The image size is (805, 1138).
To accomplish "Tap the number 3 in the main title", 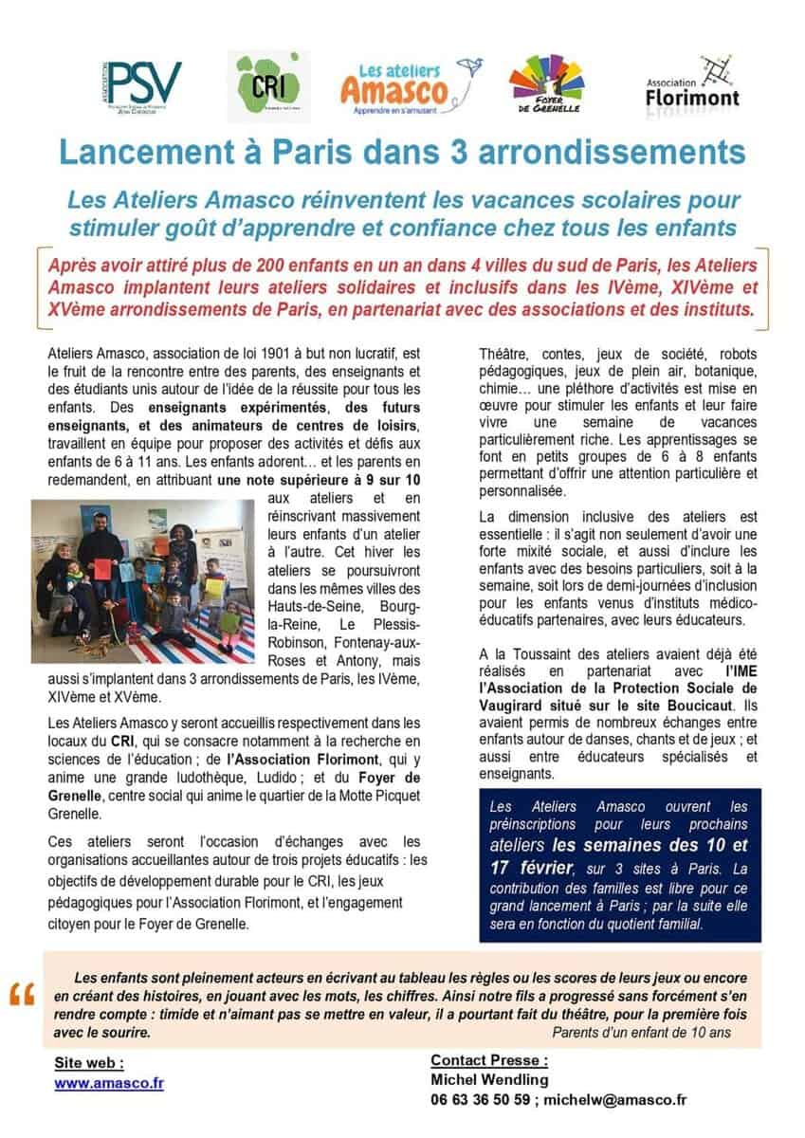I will (x=485, y=152).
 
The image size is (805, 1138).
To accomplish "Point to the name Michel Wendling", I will (x=489, y=1079).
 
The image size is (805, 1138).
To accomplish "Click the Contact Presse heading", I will (x=489, y=1059).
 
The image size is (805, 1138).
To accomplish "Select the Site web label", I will (x=89, y=1063).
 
